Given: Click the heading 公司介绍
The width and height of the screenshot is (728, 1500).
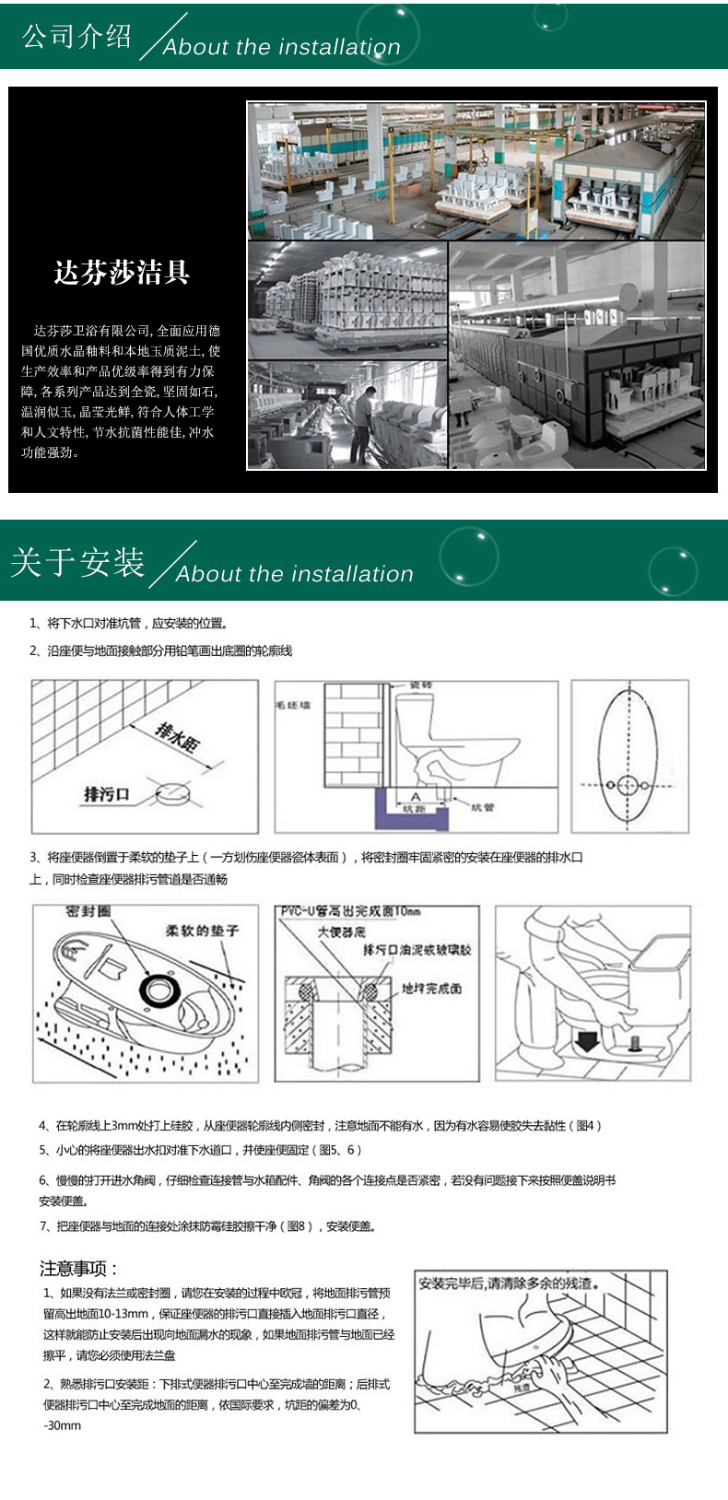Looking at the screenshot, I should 77,36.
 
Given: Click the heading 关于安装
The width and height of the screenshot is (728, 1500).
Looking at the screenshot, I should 77,562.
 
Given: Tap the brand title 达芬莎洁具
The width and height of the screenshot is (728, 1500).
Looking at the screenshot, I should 122,273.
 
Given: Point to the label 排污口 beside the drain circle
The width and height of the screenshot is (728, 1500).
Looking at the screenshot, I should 107,794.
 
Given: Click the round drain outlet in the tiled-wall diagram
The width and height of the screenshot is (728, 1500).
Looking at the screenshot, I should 172,791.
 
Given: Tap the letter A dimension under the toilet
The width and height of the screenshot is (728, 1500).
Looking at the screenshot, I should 415,797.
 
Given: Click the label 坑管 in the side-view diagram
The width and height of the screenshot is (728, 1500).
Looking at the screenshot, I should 482,807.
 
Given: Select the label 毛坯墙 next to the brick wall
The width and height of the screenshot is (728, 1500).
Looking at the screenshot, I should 293,705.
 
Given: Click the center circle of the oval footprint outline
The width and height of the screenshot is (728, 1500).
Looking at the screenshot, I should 628,785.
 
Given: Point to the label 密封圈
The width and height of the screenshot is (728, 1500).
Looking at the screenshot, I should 88,911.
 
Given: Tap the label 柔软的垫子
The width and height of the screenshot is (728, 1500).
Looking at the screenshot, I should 202,931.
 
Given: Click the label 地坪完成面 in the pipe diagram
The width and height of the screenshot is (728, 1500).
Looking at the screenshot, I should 431,989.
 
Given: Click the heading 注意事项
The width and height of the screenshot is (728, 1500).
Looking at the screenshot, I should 78,1269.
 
